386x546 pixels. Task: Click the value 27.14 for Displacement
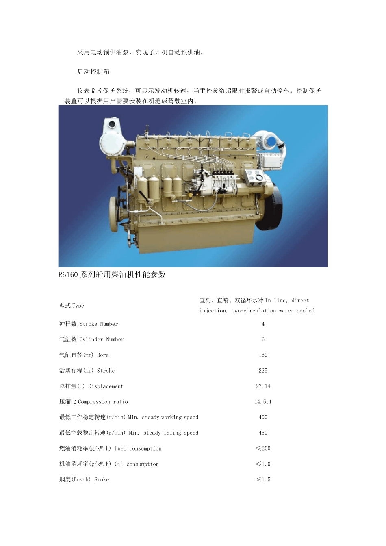point(263,386)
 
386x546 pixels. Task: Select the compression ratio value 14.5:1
point(263,402)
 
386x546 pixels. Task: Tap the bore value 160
point(263,355)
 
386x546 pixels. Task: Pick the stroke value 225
point(263,370)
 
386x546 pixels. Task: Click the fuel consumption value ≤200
point(263,448)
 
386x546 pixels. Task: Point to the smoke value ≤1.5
point(263,479)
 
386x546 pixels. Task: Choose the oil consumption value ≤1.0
point(263,464)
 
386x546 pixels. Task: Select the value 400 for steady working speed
point(263,417)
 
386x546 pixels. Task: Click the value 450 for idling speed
point(263,433)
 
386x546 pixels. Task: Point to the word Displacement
point(106,386)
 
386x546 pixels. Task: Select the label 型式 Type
point(72,305)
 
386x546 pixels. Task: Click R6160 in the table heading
point(68,275)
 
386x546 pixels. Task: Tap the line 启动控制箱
point(93,71)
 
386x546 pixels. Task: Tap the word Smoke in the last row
point(102,479)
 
